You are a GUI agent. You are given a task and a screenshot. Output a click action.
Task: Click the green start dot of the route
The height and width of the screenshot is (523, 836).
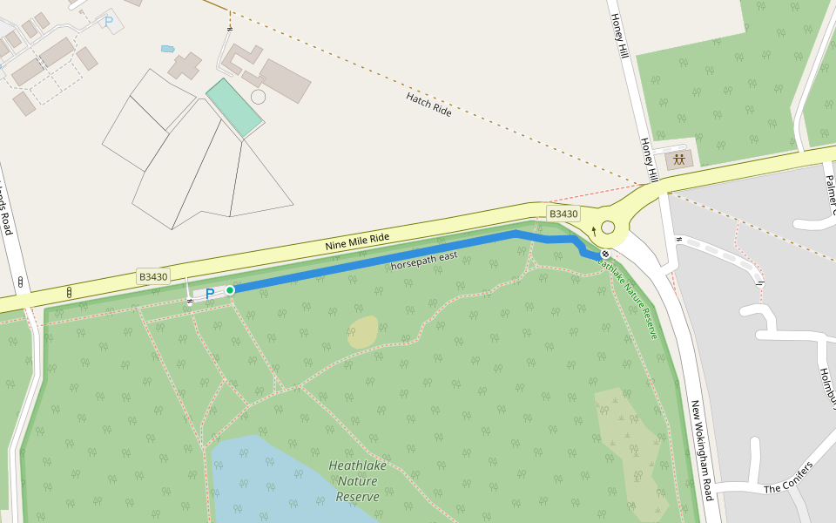coord(230,289)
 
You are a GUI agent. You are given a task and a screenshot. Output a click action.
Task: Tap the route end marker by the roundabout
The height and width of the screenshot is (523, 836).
coord(605,254)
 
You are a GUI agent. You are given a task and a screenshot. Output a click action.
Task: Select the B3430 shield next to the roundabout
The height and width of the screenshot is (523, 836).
coord(563,214)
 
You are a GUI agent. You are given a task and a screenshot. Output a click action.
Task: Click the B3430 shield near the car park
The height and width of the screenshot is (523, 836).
coord(153,276)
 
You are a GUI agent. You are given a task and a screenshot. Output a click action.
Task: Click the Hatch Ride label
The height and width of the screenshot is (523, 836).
coord(428,105)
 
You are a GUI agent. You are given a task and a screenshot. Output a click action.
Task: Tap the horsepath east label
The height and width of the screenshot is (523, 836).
coord(423,259)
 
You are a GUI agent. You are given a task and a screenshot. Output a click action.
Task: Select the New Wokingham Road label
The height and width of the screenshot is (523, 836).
coord(702,451)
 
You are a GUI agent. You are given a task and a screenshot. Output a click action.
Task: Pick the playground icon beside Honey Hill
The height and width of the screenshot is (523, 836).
coord(678,160)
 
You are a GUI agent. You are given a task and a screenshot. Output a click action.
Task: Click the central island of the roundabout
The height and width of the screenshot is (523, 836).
coord(608,228)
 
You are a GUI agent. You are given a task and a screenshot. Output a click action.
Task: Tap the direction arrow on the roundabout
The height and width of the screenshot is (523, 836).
coord(595,231)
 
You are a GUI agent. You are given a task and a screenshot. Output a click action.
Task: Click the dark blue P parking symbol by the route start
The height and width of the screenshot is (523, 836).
coord(209,295)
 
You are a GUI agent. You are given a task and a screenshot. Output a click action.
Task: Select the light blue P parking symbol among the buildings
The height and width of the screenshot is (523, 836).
coord(109,21)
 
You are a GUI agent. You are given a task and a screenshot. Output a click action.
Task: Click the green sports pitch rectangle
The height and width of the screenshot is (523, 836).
coord(233,108)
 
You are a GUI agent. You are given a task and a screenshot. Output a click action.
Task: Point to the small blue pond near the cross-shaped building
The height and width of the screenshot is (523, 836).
coord(167,49)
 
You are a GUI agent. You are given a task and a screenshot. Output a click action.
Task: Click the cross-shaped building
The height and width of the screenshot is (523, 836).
coord(185,65)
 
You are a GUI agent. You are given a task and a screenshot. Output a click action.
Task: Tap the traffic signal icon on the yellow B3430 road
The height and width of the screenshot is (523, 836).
coord(69,292)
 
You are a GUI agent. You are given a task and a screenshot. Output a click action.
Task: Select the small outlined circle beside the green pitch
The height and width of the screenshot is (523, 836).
coord(258,97)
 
